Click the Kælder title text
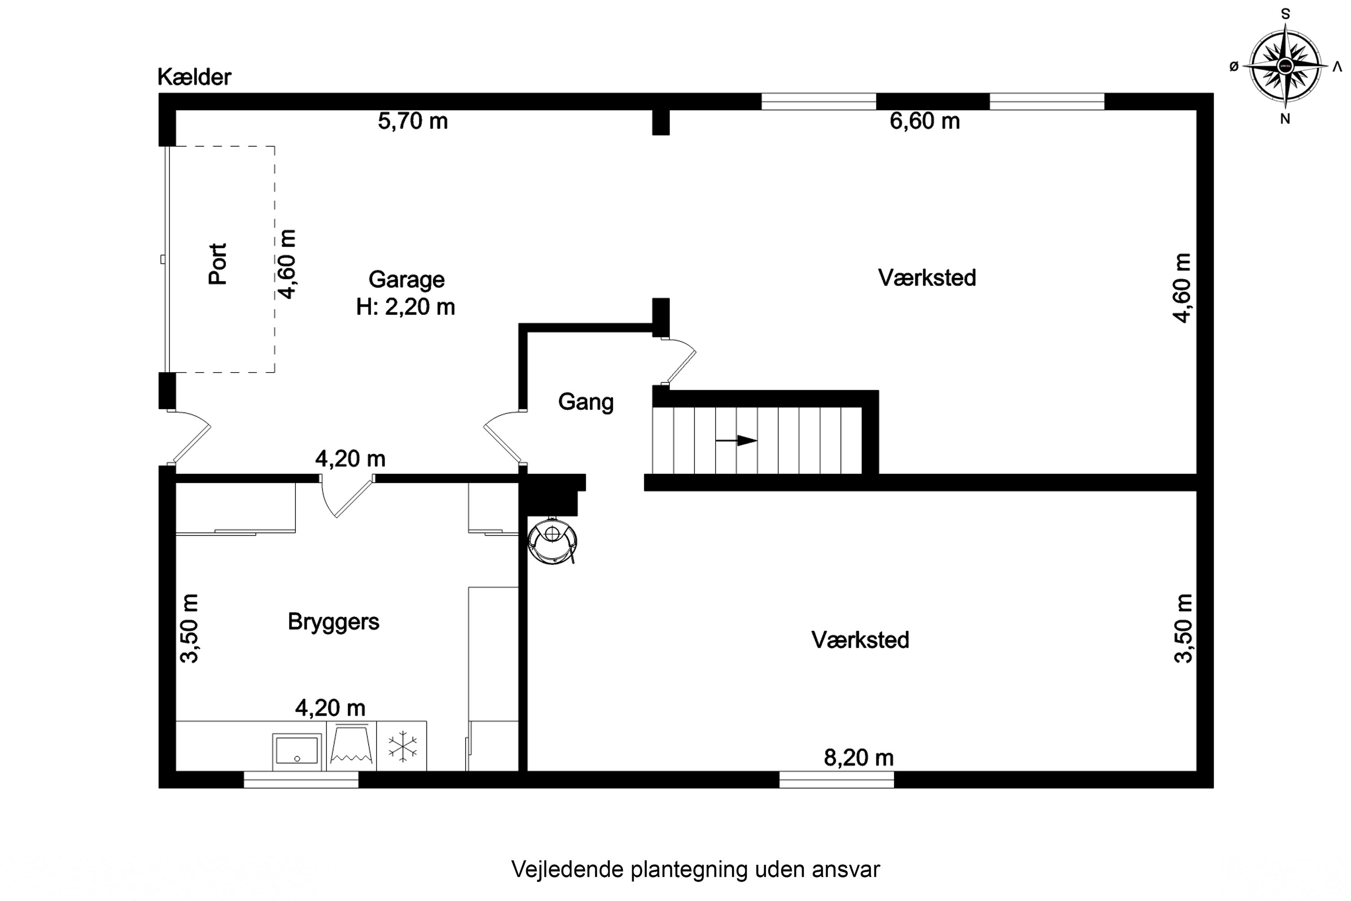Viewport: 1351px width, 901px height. click(194, 77)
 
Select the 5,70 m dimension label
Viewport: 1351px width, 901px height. click(413, 121)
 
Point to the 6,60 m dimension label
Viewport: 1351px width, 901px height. click(924, 121)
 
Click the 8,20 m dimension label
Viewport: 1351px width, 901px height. click(859, 758)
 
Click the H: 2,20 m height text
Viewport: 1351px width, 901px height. click(406, 307)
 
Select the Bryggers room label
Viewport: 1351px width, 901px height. click(333, 622)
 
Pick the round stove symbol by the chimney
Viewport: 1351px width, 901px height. click(552, 541)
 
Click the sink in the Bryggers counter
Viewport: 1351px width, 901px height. click(296, 751)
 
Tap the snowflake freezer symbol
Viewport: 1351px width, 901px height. click(402, 746)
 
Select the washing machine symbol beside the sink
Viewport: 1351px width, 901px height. click(351, 746)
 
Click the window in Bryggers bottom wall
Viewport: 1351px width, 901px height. click(301, 779)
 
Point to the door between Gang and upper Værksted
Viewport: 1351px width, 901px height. click(679, 361)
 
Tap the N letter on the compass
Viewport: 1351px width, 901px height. click(1285, 119)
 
